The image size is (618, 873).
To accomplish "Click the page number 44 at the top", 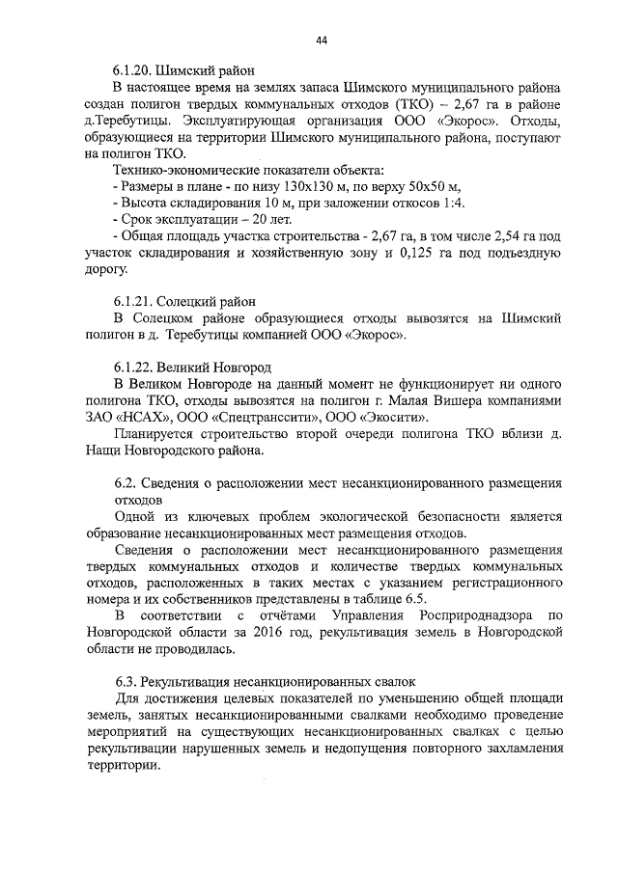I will pos(322,40).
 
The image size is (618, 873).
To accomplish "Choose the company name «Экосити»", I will pos(396,418).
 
